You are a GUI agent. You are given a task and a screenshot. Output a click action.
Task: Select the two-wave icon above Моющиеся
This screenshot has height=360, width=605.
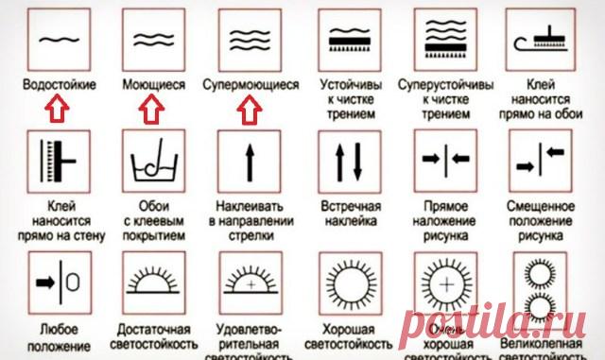point(154,40)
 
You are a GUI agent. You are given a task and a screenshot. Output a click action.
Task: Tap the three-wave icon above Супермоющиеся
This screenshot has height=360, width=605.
point(250,40)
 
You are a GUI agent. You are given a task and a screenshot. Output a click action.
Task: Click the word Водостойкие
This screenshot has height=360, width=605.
point(60,84)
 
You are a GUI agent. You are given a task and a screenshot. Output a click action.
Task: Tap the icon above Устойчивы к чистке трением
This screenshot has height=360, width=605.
point(349,40)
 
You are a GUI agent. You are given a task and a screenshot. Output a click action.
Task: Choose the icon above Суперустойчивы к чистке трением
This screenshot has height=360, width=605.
point(444,40)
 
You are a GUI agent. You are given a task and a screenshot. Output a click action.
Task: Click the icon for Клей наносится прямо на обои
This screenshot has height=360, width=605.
point(540,40)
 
